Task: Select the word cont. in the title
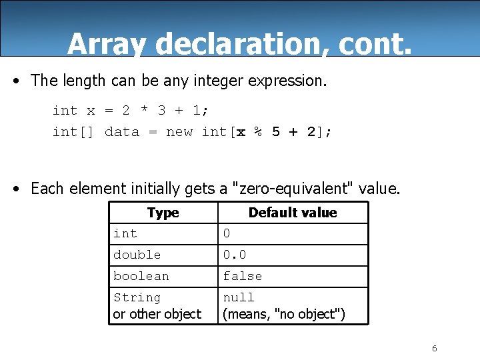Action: pyautogui.click(x=375, y=44)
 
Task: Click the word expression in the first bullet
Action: pyautogui.click(x=287, y=81)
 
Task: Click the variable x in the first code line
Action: pyautogui.click(x=91, y=111)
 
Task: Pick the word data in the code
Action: pyautogui.click(x=122, y=132)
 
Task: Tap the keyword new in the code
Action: pyautogui.click(x=179, y=132)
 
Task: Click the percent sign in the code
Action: pyautogui.click(x=257, y=132)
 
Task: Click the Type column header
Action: pyautogui.click(x=163, y=213)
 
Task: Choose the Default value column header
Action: pyautogui.click(x=293, y=213)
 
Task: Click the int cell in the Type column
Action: pyautogui.click(x=125, y=233)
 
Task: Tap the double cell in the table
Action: pyautogui.click(x=137, y=255)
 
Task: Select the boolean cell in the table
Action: pyautogui.click(x=141, y=276)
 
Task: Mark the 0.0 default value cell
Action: pyautogui.click(x=234, y=255)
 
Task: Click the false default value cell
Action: pyautogui.click(x=243, y=276)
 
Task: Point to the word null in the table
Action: pyautogui.click(x=239, y=297)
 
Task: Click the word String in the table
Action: pyautogui.click(x=137, y=297)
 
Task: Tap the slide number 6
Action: pyautogui.click(x=435, y=349)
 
